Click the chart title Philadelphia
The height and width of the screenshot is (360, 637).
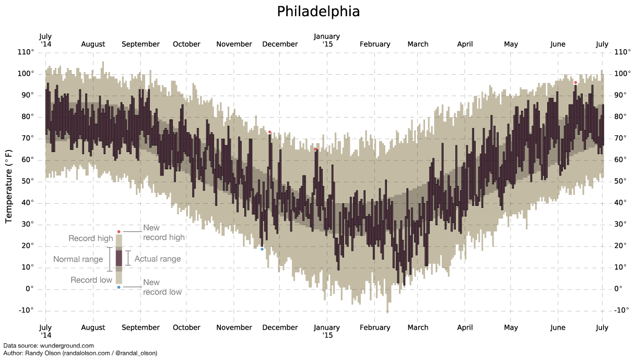(x=318, y=11)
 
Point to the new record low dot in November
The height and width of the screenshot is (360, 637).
(x=262, y=249)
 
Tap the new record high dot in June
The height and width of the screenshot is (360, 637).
(x=575, y=83)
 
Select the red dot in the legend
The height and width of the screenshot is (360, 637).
(x=119, y=231)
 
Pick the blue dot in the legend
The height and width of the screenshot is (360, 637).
(x=119, y=287)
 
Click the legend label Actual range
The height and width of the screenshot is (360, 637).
(x=158, y=259)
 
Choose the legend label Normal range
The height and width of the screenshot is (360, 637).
(x=78, y=259)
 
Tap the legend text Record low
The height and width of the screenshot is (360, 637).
(x=91, y=280)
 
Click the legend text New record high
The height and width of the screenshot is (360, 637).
(x=164, y=233)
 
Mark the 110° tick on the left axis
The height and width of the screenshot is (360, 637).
(x=26, y=52)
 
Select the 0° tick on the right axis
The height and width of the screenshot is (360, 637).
(x=619, y=289)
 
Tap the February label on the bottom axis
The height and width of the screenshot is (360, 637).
(x=375, y=328)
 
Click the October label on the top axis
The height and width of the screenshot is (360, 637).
(x=186, y=44)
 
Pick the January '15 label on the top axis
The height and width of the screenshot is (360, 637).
(x=327, y=40)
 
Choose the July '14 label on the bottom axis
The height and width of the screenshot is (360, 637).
(x=45, y=331)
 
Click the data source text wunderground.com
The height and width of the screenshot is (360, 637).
(x=67, y=346)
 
